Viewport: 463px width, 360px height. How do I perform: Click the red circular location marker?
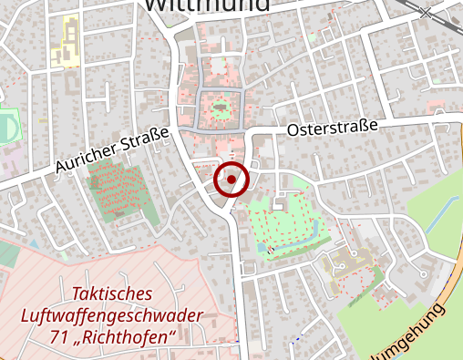(x=231, y=180)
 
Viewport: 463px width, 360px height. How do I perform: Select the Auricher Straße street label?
(x=112, y=151)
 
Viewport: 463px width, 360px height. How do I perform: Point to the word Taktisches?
(x=112, y=296)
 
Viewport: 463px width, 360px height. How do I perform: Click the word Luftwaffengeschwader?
(x=112, y=318)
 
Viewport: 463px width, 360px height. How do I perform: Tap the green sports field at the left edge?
(x=6, y=127)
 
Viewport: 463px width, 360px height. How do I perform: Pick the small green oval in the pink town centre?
(x=220, y=111)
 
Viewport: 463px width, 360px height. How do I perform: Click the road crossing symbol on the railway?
(x=426, y=12)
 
